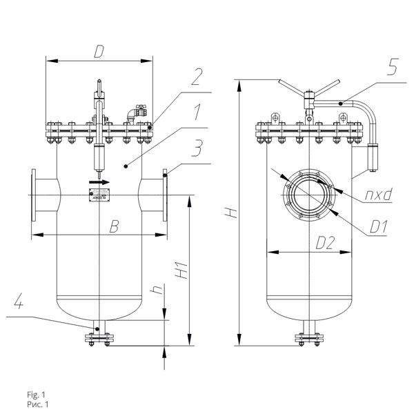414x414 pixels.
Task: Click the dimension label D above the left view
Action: (99, 52)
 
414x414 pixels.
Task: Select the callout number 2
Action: (197, 77)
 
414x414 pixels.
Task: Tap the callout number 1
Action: (197, 112)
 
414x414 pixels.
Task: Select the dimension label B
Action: (114, 226)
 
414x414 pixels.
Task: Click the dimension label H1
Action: (182, 270)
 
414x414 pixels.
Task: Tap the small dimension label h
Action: (157, 290)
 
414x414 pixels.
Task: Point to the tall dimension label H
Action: (231, 213)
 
